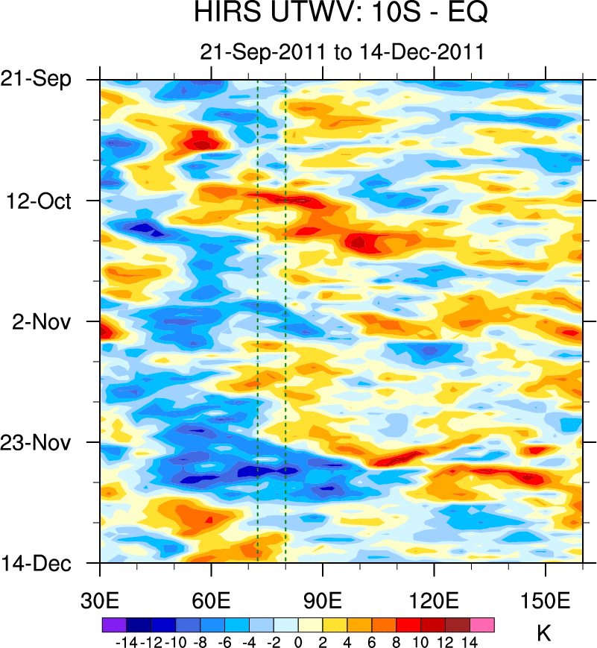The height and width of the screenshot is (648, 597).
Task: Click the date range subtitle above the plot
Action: (x=342, y=52)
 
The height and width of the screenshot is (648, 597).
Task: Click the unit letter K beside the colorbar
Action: (x=544, y=635)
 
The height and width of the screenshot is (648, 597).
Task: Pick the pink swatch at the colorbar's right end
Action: (x=482, y=625)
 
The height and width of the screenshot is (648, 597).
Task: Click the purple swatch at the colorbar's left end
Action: (x=113, y=625)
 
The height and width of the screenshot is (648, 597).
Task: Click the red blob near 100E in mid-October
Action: (x=361, y=242)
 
